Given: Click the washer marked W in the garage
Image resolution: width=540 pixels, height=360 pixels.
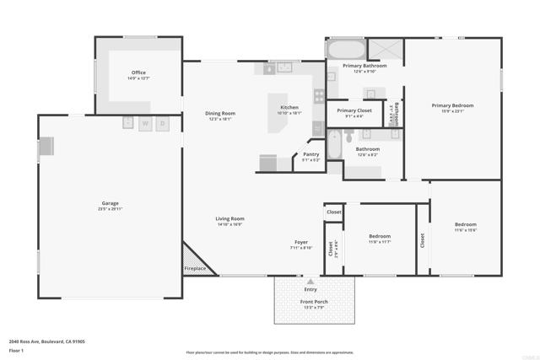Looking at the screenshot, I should [145, 123].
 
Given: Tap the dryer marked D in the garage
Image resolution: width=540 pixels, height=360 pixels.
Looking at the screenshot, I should [163, 123].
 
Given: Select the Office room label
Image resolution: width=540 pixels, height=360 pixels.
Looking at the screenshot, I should [138, 73].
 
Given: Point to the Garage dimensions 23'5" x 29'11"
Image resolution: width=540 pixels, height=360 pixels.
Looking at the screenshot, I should [110, 209].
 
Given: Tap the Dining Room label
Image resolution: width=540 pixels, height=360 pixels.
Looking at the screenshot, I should [220, 113].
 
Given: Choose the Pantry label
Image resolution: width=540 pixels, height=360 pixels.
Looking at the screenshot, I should [311, 154].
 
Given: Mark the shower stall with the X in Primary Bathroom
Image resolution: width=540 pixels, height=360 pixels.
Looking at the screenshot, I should [388, 49].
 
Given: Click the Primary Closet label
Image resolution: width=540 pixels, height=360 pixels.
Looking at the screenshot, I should [354, 110].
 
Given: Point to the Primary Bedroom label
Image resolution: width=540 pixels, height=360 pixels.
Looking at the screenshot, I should [452, 105].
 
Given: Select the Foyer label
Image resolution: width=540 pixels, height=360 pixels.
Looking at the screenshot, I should [301, 242].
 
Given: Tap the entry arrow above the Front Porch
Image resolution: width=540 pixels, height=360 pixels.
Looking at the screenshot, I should [310, 281].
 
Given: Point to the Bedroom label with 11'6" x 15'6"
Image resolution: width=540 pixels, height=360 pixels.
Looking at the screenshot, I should [466, 225].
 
